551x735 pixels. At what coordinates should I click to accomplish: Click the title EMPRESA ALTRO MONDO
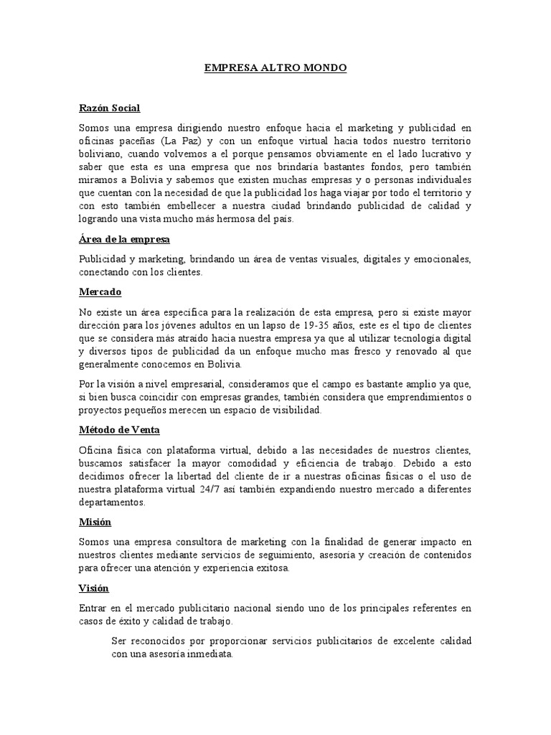click(x=275, y=68)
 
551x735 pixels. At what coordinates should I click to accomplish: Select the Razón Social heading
click(x=109, y=108)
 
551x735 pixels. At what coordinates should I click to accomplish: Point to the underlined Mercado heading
click(x=100, y=292)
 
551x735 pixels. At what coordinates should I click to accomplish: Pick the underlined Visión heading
click(x=93, y=588)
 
